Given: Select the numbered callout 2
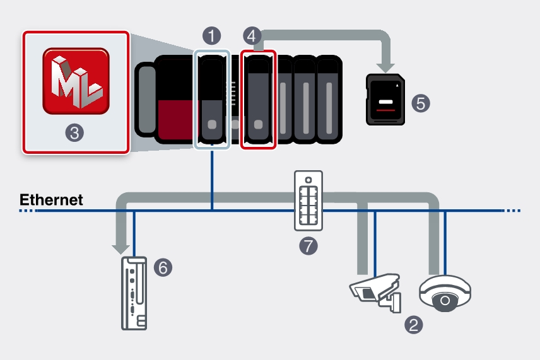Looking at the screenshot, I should [414, 325].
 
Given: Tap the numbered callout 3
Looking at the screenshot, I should [75, 132].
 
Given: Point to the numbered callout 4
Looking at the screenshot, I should [252, 35].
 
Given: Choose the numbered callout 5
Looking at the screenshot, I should [421, 103].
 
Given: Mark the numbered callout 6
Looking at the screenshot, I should [163, 267].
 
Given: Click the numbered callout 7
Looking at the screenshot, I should [308, 245].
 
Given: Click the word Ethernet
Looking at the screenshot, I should [51, 200].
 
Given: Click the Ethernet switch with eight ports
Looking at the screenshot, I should [308, 200].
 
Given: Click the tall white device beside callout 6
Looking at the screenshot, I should [134, 293].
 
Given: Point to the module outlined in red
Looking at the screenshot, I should [258, 100].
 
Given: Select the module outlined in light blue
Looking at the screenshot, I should [211, 100].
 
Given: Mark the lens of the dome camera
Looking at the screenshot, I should [445, 301].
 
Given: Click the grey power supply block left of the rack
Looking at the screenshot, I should [146, 99].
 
